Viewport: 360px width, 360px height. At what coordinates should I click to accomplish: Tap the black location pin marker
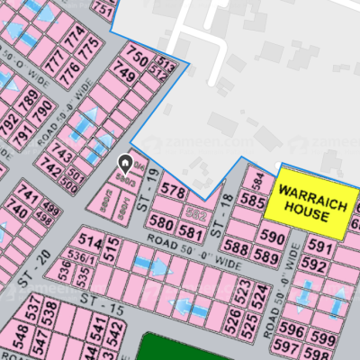pyautogui.click(x=125, y=164)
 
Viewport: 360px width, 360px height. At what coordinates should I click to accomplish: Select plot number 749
pyautogui.click(x=123, y=78)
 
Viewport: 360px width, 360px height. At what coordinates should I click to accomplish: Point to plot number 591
pyautogui.click(x=319, y=247)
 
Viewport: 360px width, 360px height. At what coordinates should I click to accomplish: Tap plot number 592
pyautogui.click(x=313, y=266)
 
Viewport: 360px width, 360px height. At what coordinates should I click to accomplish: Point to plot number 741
pyautogui.click(x=28, y=196)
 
